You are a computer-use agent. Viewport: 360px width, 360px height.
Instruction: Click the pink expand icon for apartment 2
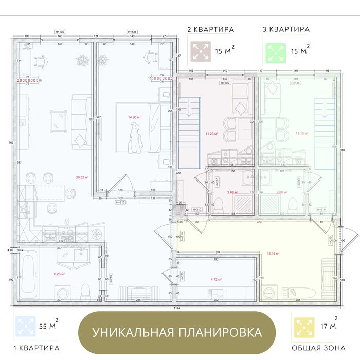pos(200,51)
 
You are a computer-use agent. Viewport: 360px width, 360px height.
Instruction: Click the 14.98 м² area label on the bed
pos(134,117)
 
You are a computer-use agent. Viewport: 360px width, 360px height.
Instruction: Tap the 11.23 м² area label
pos(211,134)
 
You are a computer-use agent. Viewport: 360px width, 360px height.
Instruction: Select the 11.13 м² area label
pos(301,133)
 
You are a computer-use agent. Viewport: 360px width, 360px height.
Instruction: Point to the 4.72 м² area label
pos(216,279)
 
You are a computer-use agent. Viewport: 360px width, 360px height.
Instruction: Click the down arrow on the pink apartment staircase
pos(189,109)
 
